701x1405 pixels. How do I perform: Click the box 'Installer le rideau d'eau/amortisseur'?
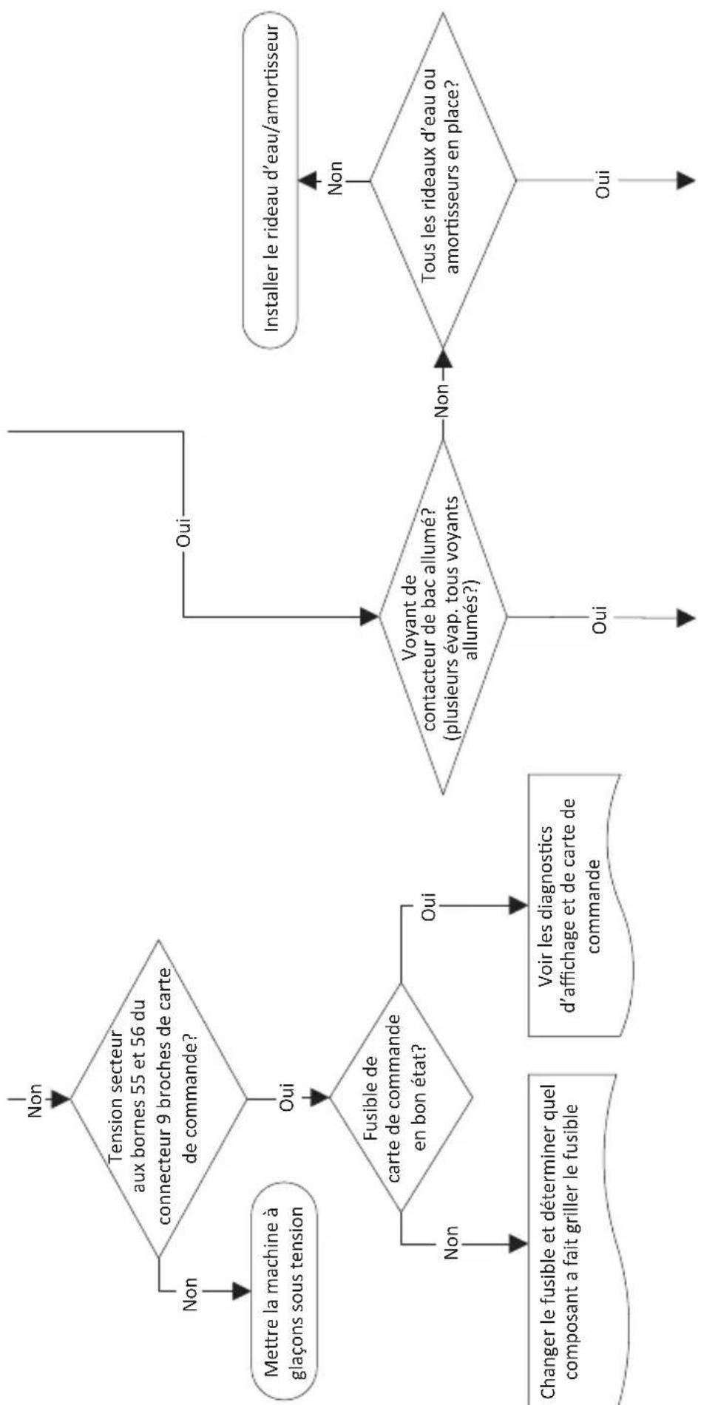[270, 180]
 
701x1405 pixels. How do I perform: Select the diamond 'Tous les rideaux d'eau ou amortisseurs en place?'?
[443, 180]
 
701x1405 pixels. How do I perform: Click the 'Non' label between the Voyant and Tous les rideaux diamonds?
[442, 401]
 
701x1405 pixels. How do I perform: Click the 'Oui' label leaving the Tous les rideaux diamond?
[603, 180]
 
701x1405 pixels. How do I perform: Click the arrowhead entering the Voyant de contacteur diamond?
[368, 616]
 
